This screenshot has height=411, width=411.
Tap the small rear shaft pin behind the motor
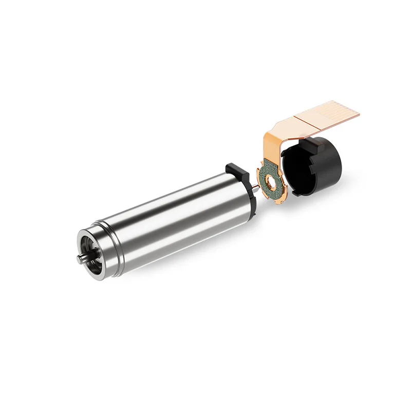[255, 191]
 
